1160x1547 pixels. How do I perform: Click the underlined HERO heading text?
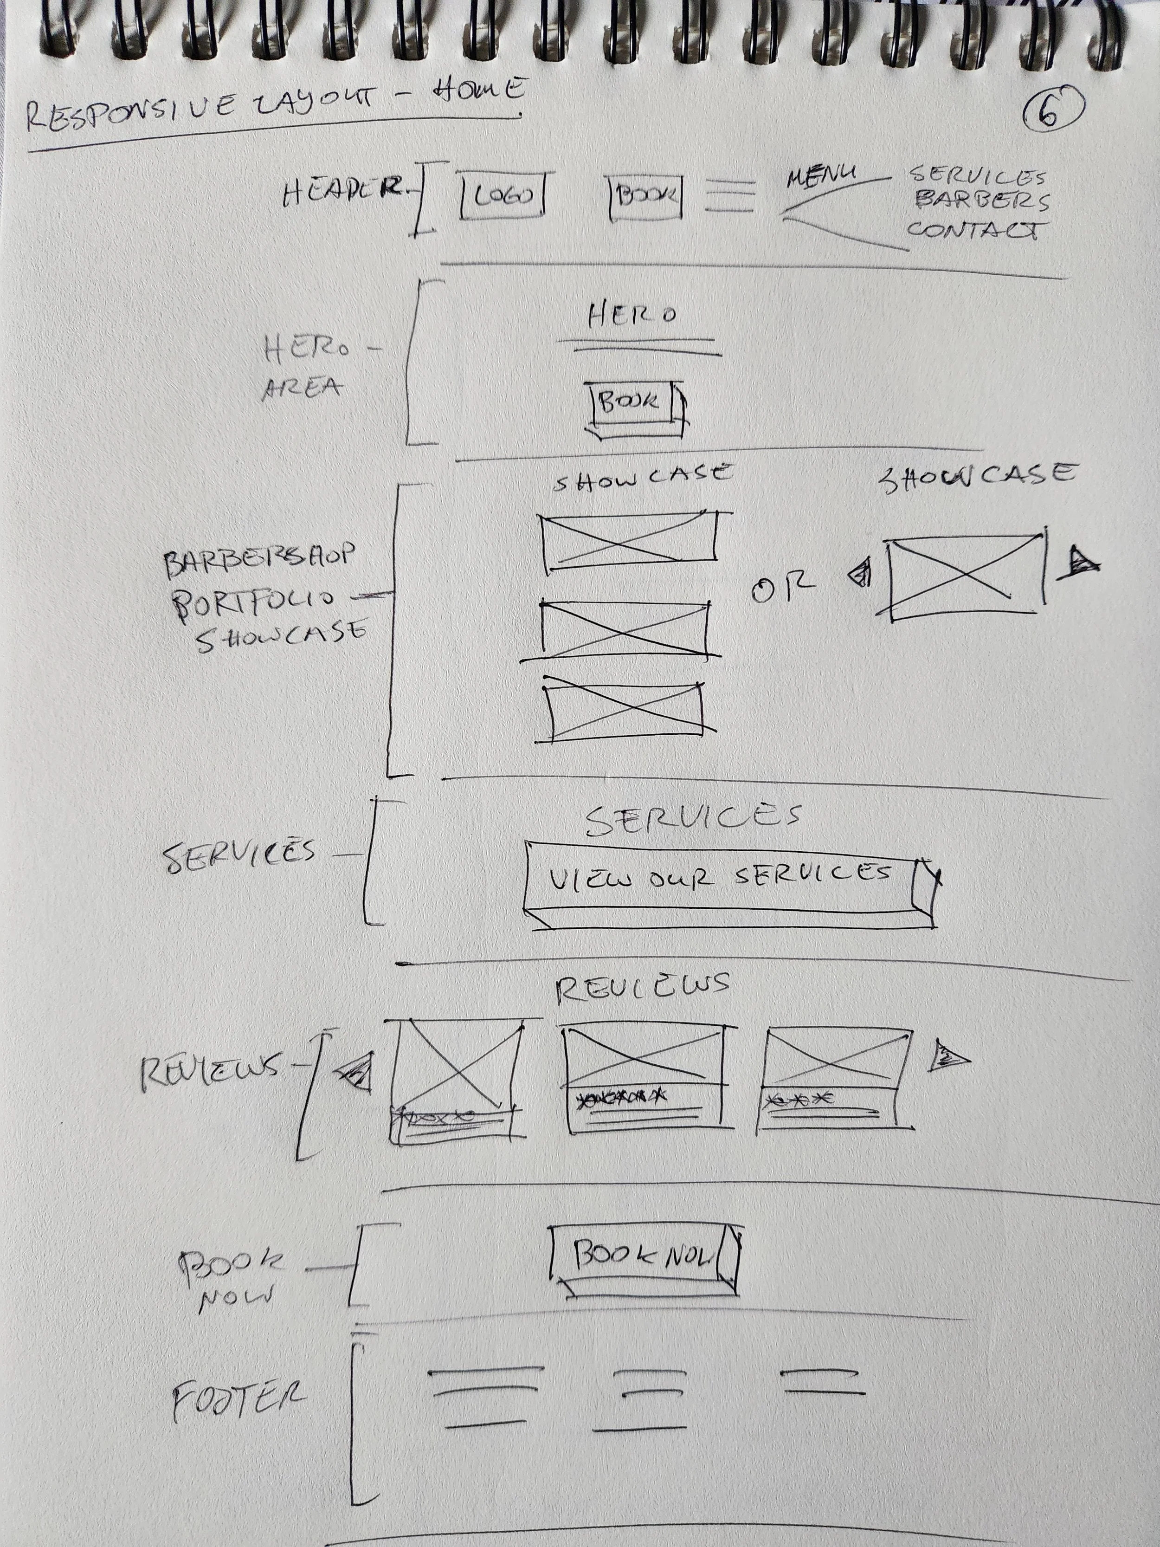(632, 316)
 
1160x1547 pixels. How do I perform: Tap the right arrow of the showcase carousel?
(1077, 563)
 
